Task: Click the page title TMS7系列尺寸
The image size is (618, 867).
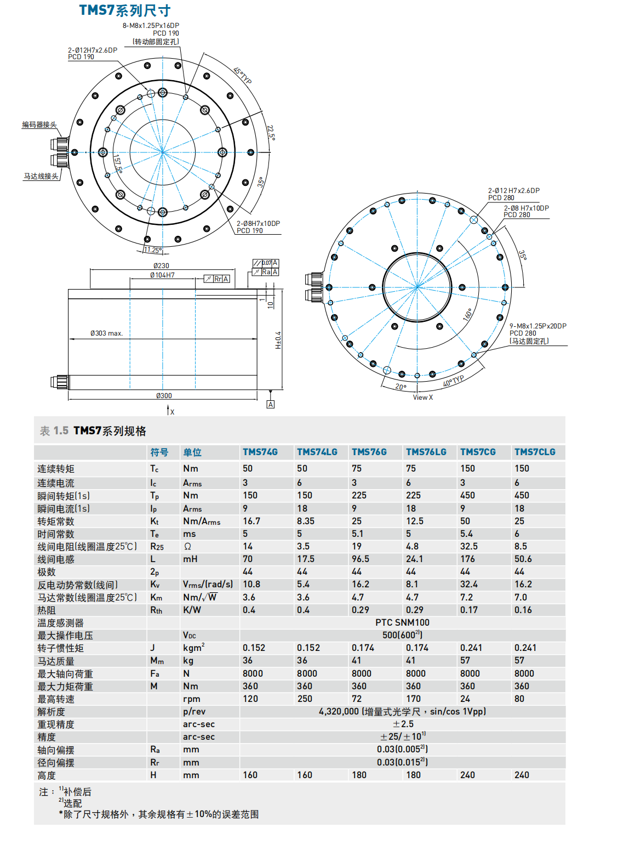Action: [125, 10]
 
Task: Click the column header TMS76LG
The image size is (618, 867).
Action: [426, 452]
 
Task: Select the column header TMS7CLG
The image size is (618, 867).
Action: [534, 452]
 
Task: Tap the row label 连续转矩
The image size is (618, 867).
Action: [56, 469]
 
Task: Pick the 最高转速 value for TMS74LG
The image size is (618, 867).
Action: [305, 699]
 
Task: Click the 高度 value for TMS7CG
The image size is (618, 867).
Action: [467, 775]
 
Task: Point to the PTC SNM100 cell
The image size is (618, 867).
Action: [402, 622]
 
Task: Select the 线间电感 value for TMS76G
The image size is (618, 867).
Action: [360, 559]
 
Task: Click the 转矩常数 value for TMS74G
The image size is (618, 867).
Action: [251, 521]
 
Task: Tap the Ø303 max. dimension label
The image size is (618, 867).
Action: [107, 333]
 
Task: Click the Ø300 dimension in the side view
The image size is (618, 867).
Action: [164, 395]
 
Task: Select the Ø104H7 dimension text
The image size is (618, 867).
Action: [163, 275]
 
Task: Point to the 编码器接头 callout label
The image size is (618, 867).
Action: [39, 125]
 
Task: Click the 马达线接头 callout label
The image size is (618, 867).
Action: [41, 177]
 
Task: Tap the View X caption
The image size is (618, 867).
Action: [423, 398]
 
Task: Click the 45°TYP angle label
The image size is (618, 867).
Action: [243, 76]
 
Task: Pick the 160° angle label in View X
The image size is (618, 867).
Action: [467, 315]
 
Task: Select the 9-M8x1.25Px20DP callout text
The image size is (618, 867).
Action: [537, 326]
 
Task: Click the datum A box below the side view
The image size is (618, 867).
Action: [271, 404]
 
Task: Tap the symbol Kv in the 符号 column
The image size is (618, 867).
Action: [155, 585]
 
